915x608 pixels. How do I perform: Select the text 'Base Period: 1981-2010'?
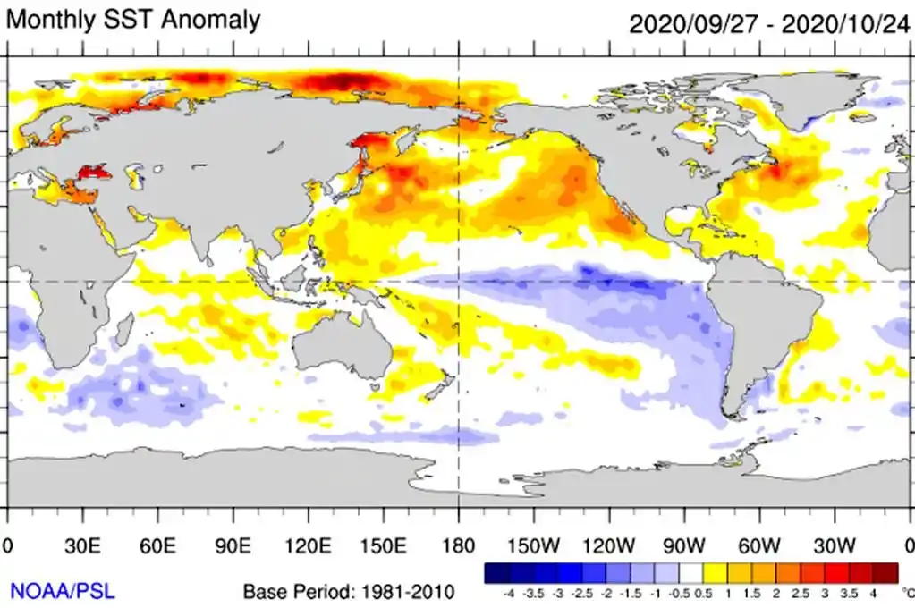click(x=349, y=591)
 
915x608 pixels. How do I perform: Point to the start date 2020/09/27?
click(x=692, y=23)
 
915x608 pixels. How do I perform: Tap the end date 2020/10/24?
click(x=844, y=23)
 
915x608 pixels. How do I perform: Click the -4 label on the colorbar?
click(x=508, y=592)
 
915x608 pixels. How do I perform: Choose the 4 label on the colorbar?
click(x=871, y=592)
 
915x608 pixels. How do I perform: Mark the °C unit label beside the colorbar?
click(x=907, y=592)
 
